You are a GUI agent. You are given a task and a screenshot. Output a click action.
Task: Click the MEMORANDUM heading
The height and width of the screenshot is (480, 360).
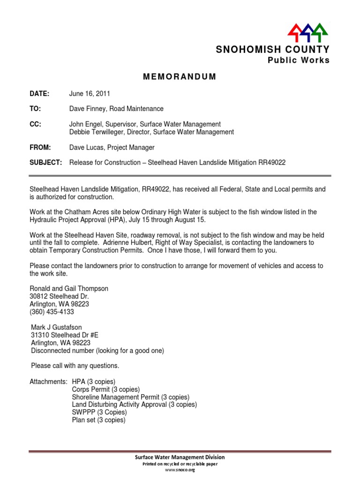[x=180, y=77]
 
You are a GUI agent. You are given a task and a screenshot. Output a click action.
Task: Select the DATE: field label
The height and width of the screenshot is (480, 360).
[x=40, y=94]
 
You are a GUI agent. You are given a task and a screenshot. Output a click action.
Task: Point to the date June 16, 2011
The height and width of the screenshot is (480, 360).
[x=90, y=94]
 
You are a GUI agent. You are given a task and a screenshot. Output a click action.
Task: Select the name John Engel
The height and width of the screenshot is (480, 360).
[x=86, y=124]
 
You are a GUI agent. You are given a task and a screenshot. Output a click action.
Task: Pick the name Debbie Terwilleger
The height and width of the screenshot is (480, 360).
[x=97, y=132]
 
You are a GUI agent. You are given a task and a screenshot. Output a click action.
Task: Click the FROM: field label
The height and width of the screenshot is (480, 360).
[x=40, y=147]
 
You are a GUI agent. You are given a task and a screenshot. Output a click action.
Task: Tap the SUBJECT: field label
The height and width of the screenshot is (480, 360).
[x=45, y=163]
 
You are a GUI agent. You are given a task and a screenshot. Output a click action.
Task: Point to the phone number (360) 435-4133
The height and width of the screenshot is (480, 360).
[x=52, y=312]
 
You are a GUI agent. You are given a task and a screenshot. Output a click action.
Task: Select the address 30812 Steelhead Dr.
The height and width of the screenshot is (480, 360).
[x=59, y=297]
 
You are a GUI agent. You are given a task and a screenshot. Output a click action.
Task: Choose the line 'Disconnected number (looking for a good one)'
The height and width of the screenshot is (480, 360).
[x=97, y=350]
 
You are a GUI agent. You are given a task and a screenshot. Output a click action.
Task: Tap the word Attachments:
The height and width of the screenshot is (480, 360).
[x=49, y=382]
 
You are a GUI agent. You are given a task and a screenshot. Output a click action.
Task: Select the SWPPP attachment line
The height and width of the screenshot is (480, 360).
[x=99, y=412]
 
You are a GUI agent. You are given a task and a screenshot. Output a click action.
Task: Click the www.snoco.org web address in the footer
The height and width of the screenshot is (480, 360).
[x=180, y=470]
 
